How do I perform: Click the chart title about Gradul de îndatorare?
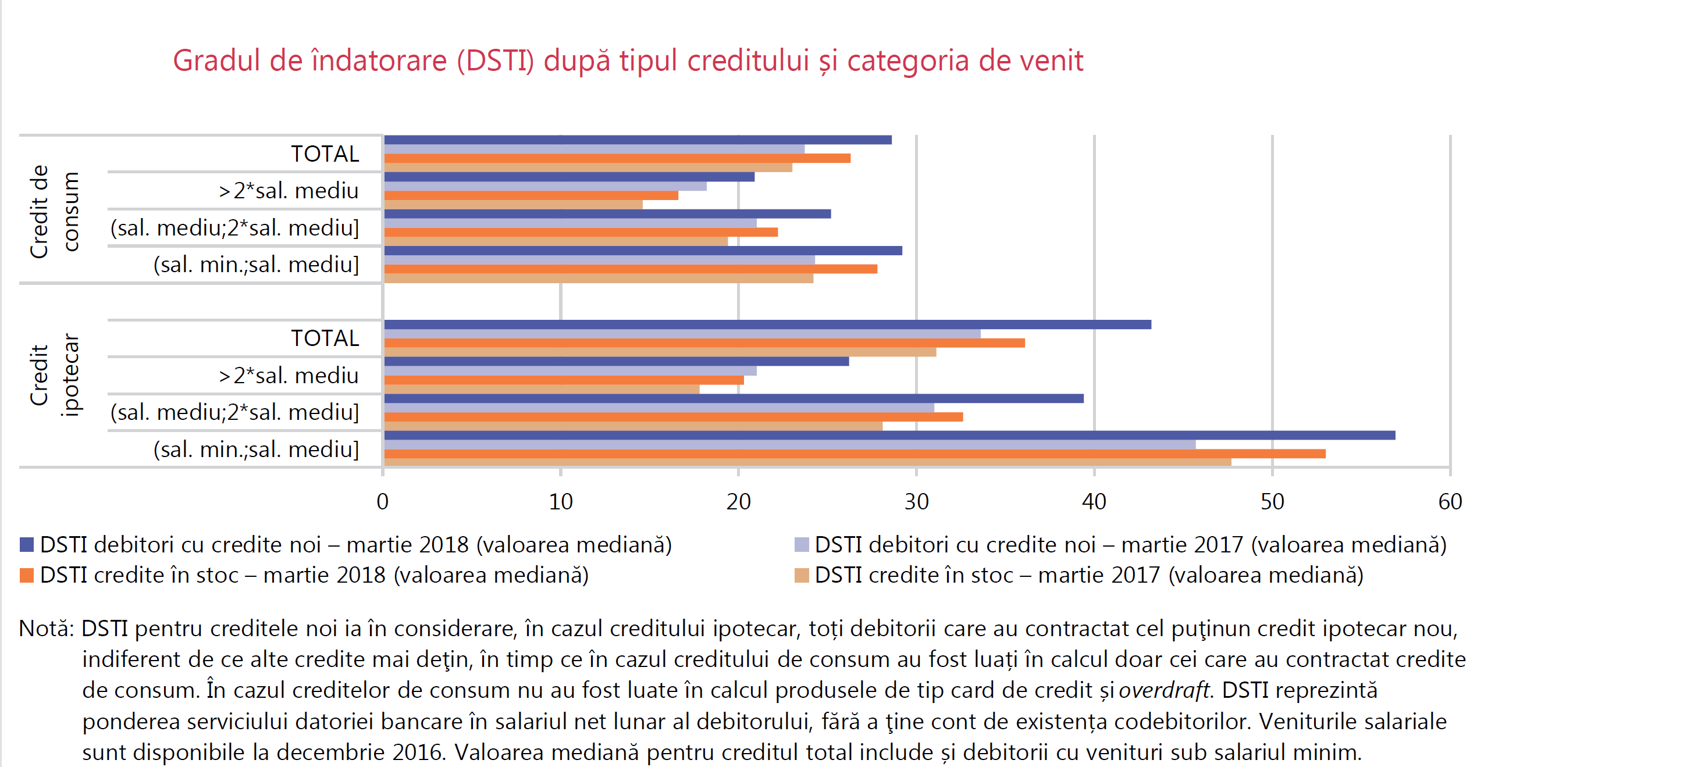tap(628, 61)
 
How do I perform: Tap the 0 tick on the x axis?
tap(383, 502)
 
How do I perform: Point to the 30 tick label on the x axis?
tap(917, 502)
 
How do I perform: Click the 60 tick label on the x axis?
tap(1450, 502)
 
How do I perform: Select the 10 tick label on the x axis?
tap(561, 502)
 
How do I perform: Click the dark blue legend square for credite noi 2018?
tap(27, 545)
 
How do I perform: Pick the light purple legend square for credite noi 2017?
tap(802, 545)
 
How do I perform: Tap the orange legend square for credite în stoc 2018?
tap(27, 575)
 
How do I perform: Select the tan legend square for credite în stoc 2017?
tap(802, 575)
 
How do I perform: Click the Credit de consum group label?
tap(54, 211)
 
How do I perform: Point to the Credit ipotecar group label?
tap(54, 374)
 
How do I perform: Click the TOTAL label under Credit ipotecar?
tap(325, 338)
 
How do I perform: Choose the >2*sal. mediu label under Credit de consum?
tap(289, 191)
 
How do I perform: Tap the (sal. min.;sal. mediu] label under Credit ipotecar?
tap(256, 450)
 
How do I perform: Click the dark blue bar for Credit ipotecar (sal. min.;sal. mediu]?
tap(889, 436)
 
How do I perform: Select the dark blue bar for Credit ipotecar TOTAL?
tap(767, 324)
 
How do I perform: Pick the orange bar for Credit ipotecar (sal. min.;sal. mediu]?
tap(855, 454)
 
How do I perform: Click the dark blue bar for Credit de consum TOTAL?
tap(638, 140)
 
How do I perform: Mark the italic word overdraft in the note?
tap(1163, 690)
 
